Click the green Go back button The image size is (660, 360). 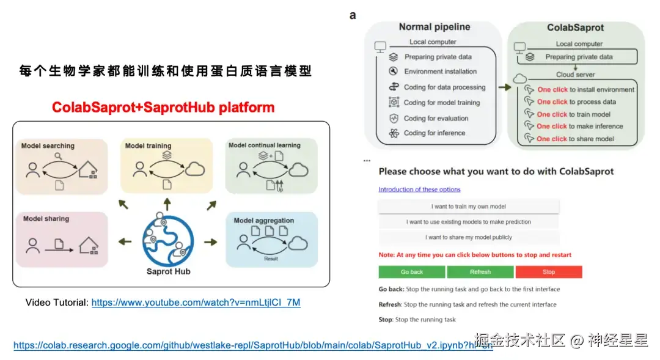[411, 272]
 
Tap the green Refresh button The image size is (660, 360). [480, 272]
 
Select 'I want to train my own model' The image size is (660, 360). [468, 207]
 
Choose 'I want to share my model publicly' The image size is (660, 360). [468, 237]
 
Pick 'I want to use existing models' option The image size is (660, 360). [468, 222]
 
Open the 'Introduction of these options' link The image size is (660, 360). [419, 189]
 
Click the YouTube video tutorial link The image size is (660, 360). [196, 303]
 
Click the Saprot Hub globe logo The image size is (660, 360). [168, 240]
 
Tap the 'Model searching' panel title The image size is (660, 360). [48, 146]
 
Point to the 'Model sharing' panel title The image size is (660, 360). [46, 219]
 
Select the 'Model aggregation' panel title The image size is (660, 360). [263, 221]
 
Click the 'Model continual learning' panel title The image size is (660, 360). [265, 145]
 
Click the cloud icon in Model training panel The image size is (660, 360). [195, 169]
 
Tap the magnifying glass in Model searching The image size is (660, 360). [59, 156]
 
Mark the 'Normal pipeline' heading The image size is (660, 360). [435, 27]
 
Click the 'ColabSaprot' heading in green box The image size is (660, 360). [576, 28]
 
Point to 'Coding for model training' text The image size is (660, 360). [441, 103]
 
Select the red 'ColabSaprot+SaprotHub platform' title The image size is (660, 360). [163, 108]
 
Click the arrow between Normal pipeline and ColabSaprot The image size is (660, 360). [504, 87]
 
